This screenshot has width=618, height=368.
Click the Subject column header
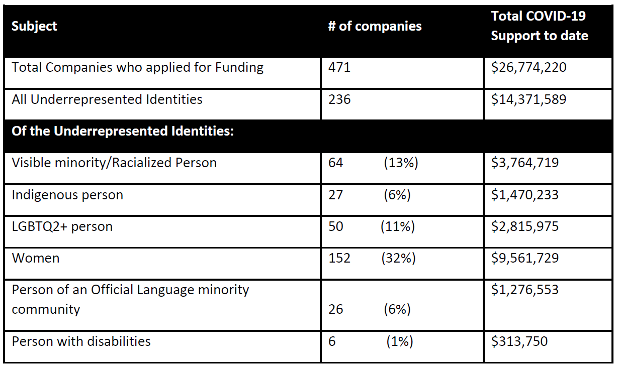[x=34, y=26]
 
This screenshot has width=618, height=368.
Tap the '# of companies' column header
[x=375, y=26]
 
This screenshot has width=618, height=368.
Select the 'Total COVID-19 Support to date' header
[x=539, y=26]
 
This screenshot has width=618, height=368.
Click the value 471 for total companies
[x=339, y=67]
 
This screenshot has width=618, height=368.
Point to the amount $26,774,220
[x=528, y=67]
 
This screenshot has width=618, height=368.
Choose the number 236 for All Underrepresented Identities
[x=339, y=99]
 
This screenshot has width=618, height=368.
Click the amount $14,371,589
[x=528, y=99]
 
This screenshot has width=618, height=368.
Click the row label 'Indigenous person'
[x=67, y=195]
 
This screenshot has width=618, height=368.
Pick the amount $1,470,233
[x=525, y=195]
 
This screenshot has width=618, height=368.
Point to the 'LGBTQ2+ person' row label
[x=62, y=226]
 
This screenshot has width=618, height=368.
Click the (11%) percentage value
[x=397, y=226]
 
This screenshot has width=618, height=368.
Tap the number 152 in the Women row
[x=339, y=258]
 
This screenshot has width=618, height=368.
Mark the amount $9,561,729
[x=525, y=258]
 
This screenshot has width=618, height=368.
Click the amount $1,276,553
[x=525, y=290]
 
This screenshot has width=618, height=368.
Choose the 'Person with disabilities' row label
[x=81, y=341]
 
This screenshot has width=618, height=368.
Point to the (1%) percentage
[x=399, y=341]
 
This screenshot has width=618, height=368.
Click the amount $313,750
[x=519, y=341]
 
